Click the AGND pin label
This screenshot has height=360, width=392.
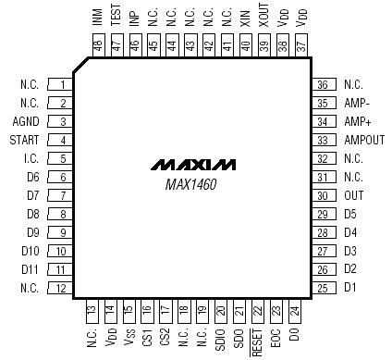pos(27,121)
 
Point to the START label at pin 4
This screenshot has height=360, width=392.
pos(26,140)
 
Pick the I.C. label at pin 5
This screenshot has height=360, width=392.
pos(31,158)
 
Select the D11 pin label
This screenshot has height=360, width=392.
pos(31,269)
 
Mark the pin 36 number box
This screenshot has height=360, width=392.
pos(323,84)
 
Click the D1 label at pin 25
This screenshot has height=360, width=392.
pos(349,288)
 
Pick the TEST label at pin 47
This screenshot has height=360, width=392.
pos(115,16)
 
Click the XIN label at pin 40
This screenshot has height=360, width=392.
pos(245,18)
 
